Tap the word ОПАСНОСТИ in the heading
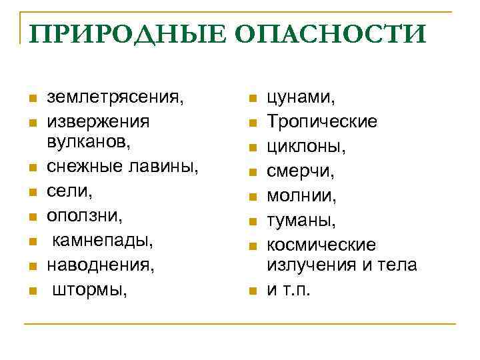[319, 34]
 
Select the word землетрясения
[114, 97]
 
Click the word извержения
[98, 121]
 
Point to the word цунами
[301, 97]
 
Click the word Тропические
[322, 121]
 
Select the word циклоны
[304, 145]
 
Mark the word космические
[321, 245]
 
